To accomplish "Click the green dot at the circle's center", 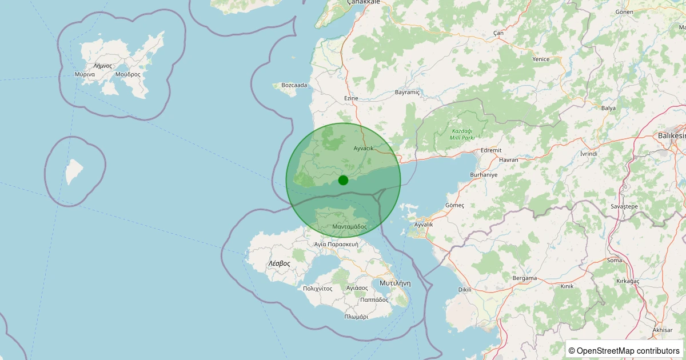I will (x=343, y=180).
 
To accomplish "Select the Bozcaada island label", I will (x=294, y=85).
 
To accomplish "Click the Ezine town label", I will (x=351, y=98).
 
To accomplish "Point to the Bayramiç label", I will (x=408, y=92).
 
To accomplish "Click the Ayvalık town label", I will (x=424, y=225).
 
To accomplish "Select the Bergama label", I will (x=525, y=278).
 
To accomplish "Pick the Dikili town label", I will (x=465, y=289).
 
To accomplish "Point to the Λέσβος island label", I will (x=279, y=264).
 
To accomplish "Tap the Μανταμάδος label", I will (x=349, y=227).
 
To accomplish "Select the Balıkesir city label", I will (x=671, y=135).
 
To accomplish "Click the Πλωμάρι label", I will (x=356, y=317).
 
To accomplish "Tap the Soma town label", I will (x=615, y=260).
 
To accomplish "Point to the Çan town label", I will (x=498, y=33).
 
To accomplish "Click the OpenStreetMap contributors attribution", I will (x=624, y=350).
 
